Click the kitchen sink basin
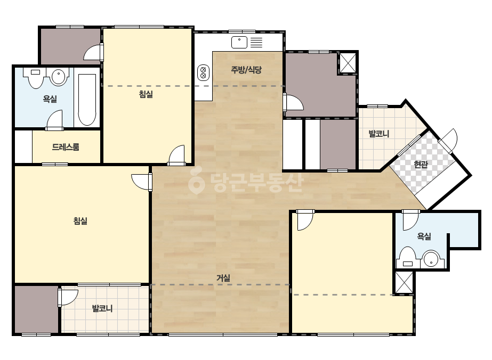[239, 42]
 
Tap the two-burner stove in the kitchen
[203, 73]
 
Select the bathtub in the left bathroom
[87, 100]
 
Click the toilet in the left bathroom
[35, 77]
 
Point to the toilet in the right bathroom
[408, 257]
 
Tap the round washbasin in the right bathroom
[431, 259]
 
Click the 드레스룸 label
[66, 147]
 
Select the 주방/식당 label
[246, 70]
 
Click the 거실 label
[223, 277]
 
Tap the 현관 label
[421, 165]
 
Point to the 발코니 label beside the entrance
[378, 134]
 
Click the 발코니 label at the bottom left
[102, 308]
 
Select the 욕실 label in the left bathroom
[50, 99]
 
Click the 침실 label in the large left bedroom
[80, 221]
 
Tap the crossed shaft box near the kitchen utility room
[348, 62]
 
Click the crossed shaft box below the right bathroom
[404, 282]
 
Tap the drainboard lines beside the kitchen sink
[256, 42]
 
